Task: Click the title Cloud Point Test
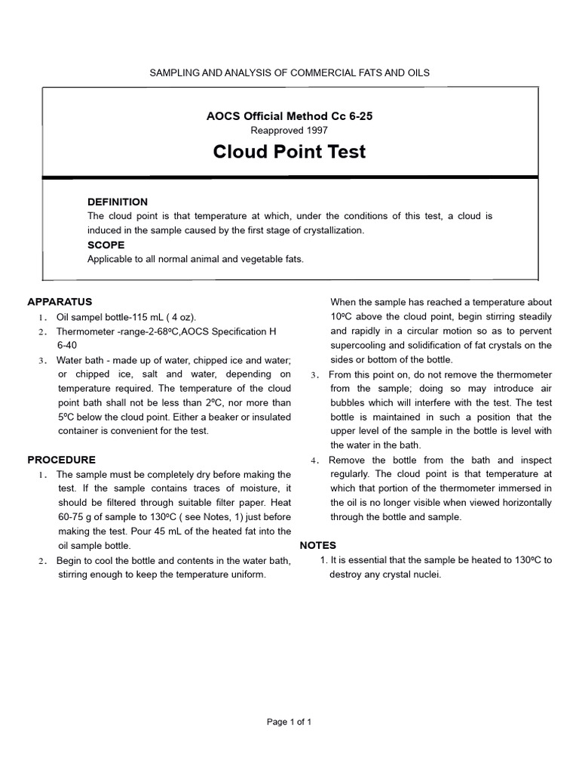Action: (289, 152)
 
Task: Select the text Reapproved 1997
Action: (289, 130)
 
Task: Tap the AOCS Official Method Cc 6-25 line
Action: (289, 116)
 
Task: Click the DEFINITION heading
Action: (118, 202)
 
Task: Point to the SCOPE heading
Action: (106, 245)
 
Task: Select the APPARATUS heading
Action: (60, 301)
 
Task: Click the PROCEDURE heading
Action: (61, 459)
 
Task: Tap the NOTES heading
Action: (318, 545)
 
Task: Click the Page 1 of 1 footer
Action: (289, 722)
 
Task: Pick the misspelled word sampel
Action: (89, 316)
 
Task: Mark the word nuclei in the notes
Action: (423, 574)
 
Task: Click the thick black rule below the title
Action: (289, 177)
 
